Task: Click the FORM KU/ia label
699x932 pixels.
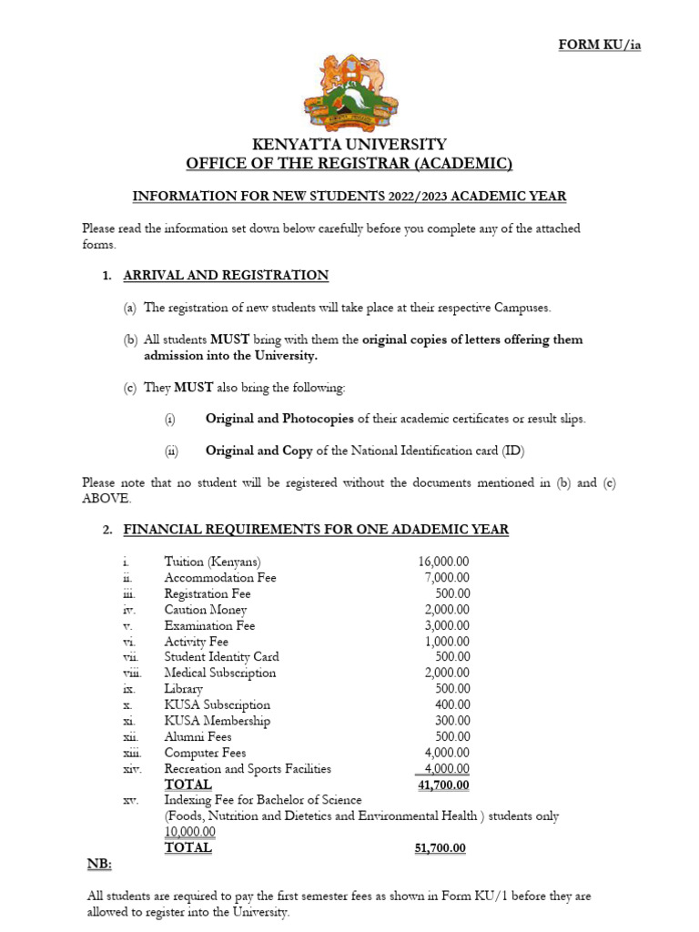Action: pos(599,46)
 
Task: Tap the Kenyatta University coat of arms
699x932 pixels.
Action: pos(349,90)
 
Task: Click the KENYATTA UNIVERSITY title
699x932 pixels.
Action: pos(349,144)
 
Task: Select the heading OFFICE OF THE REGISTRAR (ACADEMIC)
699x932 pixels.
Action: pos(349,164)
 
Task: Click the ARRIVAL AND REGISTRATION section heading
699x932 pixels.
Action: pos(226,275)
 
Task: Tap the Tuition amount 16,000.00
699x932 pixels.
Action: pos(443,562)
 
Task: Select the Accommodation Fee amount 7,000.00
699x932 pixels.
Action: pos(447,578)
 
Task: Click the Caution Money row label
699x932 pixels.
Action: pos(205,610)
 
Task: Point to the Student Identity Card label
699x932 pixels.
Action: pos(221,657)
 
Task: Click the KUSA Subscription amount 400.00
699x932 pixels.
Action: pos(451,704)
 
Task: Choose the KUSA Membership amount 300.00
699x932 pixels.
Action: pos(451,721)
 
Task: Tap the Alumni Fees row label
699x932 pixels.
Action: pos(198,736)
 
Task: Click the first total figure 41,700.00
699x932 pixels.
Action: pos(443,785)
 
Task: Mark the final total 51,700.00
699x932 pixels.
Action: pos(440,847)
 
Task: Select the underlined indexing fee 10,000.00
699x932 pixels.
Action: pos(189,832)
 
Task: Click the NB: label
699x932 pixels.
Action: pos(97,863)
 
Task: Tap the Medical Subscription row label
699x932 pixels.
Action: pos(219,674)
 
